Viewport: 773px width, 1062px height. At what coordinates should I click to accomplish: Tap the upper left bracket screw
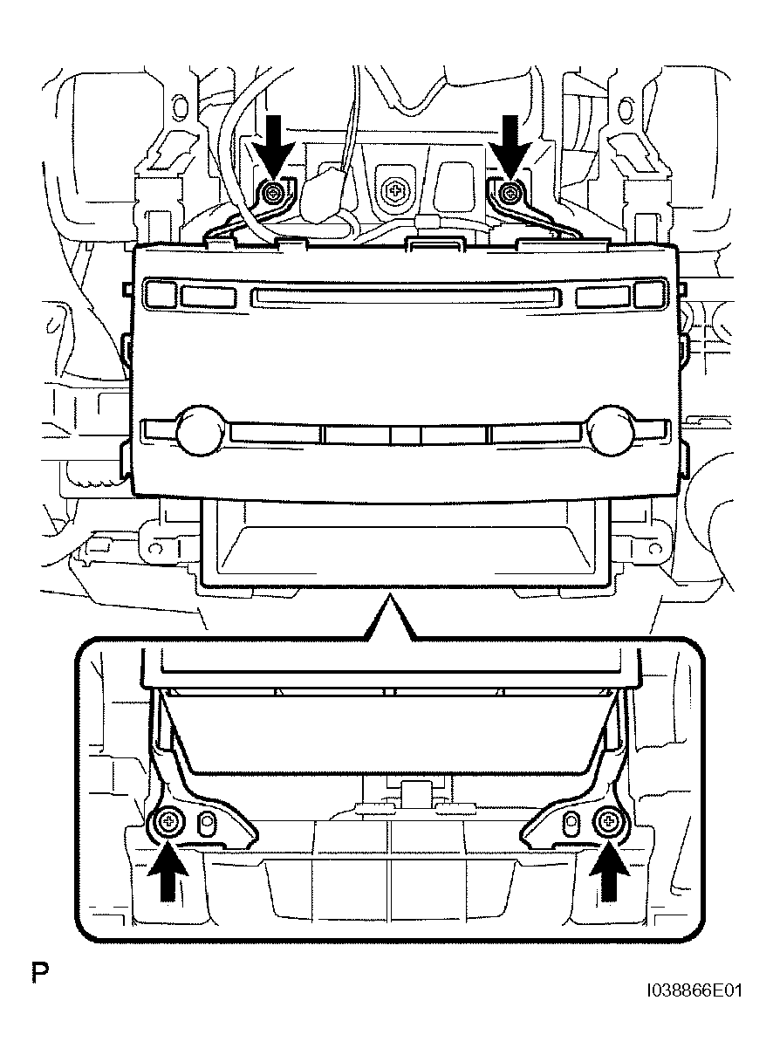point(273,192)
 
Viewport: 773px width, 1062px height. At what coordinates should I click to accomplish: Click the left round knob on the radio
point(200,430)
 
